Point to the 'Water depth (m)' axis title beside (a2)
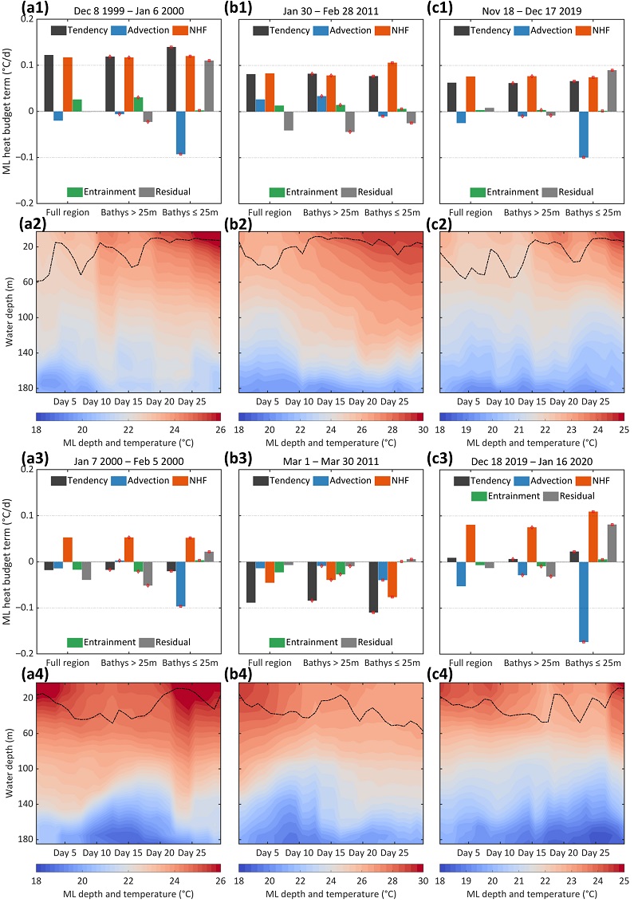[x=10, y=308]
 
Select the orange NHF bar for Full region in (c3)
[x=471, y=543]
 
